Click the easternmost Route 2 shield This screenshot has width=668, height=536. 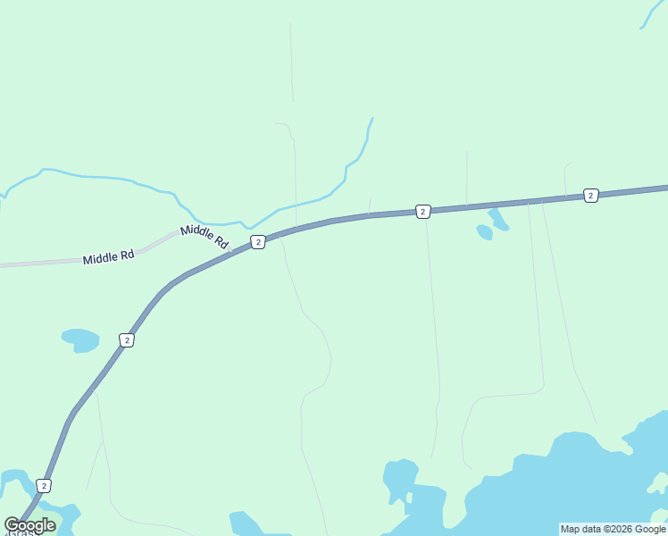tap(590, 195)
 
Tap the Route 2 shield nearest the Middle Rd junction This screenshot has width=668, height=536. tap(257, 242)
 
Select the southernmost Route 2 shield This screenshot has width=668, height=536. tap(44, 485)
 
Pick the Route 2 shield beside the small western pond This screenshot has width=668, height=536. tap(127, 340)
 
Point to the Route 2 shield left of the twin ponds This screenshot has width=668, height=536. tap(422, 212)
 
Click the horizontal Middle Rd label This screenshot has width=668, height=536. tap(108, 257)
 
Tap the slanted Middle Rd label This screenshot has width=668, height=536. tap(205, 236)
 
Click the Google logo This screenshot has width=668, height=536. tap(29, 525)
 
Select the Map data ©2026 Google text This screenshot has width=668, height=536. tap(613, 529)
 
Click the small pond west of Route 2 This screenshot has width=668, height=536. tap(80, 339)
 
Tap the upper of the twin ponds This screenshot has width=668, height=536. tap(497, 218)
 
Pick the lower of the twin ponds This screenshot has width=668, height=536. tap(484, 232)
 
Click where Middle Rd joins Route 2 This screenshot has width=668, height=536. tap(230, 251)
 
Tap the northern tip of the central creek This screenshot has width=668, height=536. tap(372, 119)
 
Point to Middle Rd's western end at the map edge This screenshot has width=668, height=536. tap(3, 265)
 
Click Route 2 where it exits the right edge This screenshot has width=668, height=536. tap(664, 188)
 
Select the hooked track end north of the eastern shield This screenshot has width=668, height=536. tap(568, 163)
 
